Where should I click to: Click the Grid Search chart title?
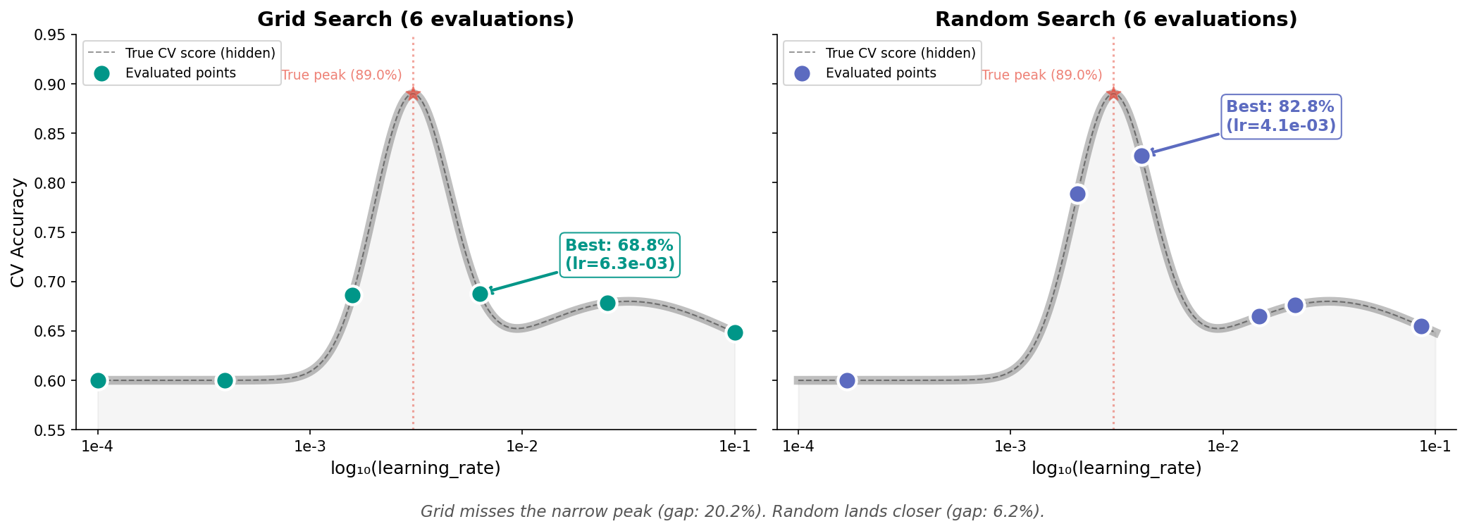[416, 19]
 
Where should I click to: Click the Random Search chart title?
[1116, 19]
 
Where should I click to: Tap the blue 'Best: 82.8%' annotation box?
[1281, 116]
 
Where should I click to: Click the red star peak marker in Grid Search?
[413, 94]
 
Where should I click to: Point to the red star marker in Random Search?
[1113, 94]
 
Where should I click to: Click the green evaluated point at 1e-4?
[98, 380]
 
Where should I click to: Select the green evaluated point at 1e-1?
[735, 332]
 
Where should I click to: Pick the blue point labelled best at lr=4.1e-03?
[1142, 156]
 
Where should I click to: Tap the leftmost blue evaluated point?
[847, 380]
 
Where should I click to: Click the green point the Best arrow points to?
[480, 294]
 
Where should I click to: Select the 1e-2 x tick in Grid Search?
[522, 446]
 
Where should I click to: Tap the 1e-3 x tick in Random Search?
[1010, 446]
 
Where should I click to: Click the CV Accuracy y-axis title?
[18, 232]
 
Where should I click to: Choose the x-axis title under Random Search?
[1116, 468]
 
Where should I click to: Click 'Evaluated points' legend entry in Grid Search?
[180, 73]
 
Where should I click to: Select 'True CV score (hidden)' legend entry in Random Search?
[900, 53]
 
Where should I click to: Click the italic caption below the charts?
[733, 511]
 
